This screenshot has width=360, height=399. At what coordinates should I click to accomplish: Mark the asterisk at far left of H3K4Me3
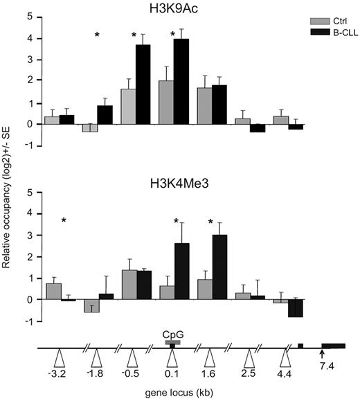[x=64, y=221]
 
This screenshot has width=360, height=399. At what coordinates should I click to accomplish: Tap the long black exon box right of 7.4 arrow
[x=333, y=345]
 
